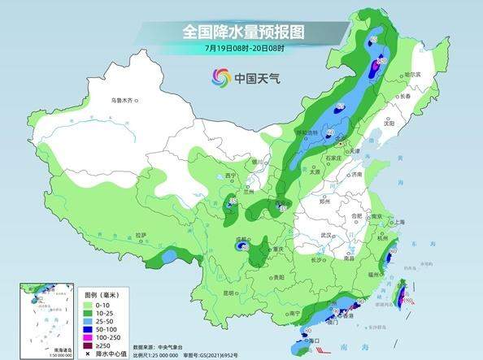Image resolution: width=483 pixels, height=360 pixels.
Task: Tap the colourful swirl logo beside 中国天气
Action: click(221, 78)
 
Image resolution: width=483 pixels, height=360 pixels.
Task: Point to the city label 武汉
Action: click(329, 235)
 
